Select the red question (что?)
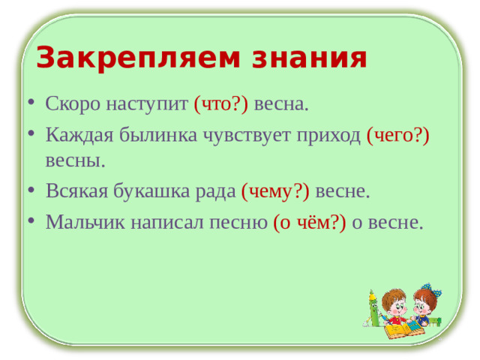pyautogui.click(x=221, y=104)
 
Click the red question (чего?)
pyautogui.click(x=397, y=134)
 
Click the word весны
pyautogui.click(x=75, y=160)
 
